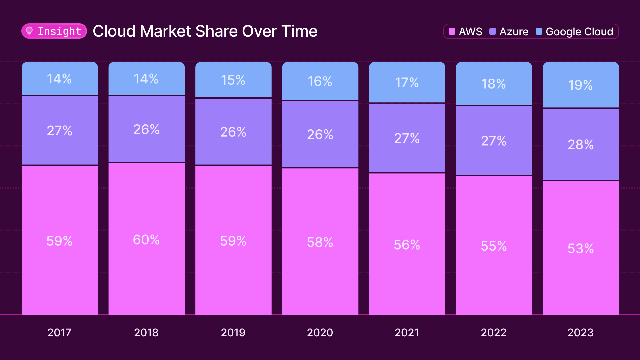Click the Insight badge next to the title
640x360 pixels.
point(54,31)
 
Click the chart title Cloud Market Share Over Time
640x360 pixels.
point(205,31)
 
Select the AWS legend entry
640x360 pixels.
point(465,32)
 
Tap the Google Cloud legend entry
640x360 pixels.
point(574,32)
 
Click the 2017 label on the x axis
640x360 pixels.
point(59,332)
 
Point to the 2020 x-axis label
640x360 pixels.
point(320,332)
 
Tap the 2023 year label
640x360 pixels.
point(580,332)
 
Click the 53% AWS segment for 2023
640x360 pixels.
point(580,248)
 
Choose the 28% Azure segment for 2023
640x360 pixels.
point(580,144)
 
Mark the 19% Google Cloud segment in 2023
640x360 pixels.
point(580,85)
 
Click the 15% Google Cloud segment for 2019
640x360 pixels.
point(233,80)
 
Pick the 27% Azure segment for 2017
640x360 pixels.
point(59,130)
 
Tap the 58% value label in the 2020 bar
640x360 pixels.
point(320,242)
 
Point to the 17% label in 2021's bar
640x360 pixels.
point(407,83)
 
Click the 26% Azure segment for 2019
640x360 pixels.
point(233,132)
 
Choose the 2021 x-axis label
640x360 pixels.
point(407,332)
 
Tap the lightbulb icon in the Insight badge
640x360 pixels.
point(29,31)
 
